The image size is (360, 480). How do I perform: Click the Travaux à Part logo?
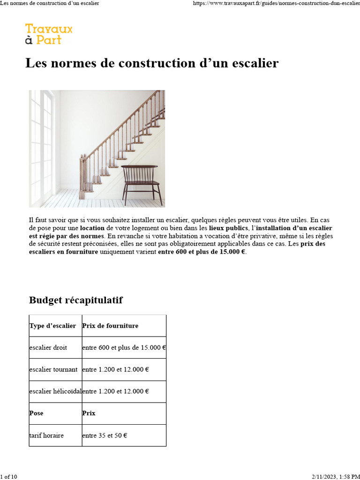tap(49, 34)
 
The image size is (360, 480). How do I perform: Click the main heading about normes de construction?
tap(152, 63)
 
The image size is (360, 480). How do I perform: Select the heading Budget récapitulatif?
tap(76, 300)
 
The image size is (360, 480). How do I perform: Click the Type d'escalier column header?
tap(52, 326)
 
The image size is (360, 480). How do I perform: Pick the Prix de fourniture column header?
tap(110, 326)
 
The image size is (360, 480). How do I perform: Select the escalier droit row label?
tap(48, 348)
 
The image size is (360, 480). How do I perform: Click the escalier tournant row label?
tap(53, 369)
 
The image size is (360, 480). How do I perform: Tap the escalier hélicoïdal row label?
tap(55, 391)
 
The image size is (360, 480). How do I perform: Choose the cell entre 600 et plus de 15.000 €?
tap(124, 348)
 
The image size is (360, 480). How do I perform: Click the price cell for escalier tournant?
tap(115, 369)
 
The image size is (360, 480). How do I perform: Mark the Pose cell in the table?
tap(36, 413)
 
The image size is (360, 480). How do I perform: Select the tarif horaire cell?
tap(46, 435)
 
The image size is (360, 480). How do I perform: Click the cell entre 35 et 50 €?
tap(105, 435)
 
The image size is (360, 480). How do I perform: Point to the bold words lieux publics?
tap(228, 228)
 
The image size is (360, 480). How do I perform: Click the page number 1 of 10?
tap(9, 477)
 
